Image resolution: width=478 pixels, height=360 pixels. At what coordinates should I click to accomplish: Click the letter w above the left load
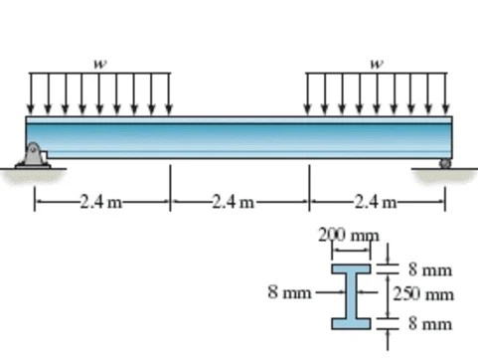tap(98, 63)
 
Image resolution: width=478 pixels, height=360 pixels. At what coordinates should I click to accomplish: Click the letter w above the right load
tap(377, 63)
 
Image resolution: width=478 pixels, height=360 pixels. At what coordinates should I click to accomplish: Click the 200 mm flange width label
tap(350, 235)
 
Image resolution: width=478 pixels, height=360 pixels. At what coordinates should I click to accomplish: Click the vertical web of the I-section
tap(351, 294)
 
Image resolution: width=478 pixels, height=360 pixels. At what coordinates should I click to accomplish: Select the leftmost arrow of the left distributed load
tap(30, 93)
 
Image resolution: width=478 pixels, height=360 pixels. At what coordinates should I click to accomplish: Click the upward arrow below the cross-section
tap(388, 344)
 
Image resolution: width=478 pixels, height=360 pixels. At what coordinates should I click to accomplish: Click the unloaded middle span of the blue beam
tap(239, 137)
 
